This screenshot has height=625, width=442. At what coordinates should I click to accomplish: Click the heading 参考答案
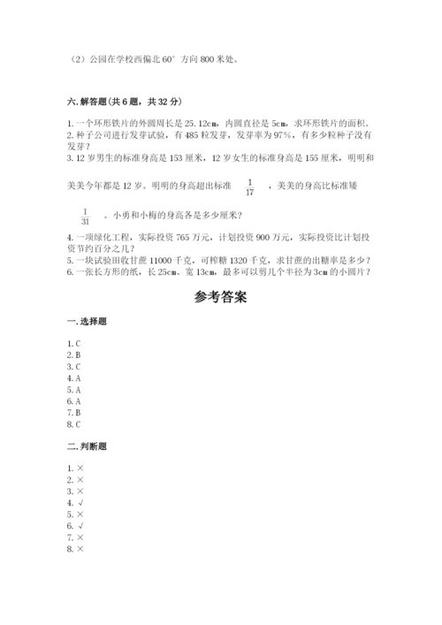click(221, 297)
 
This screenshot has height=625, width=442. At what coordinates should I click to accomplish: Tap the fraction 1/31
click(86, 217)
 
